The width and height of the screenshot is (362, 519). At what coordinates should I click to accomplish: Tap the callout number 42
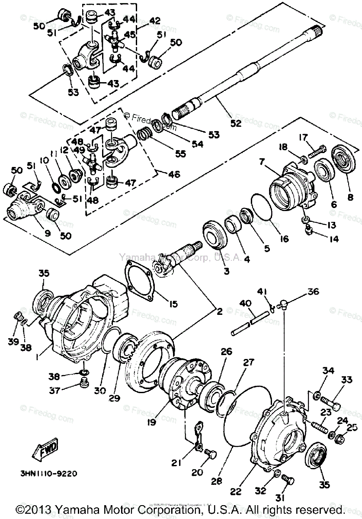(x=143, y=20)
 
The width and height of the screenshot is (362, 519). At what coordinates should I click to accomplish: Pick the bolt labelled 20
(x=211, y=454)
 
